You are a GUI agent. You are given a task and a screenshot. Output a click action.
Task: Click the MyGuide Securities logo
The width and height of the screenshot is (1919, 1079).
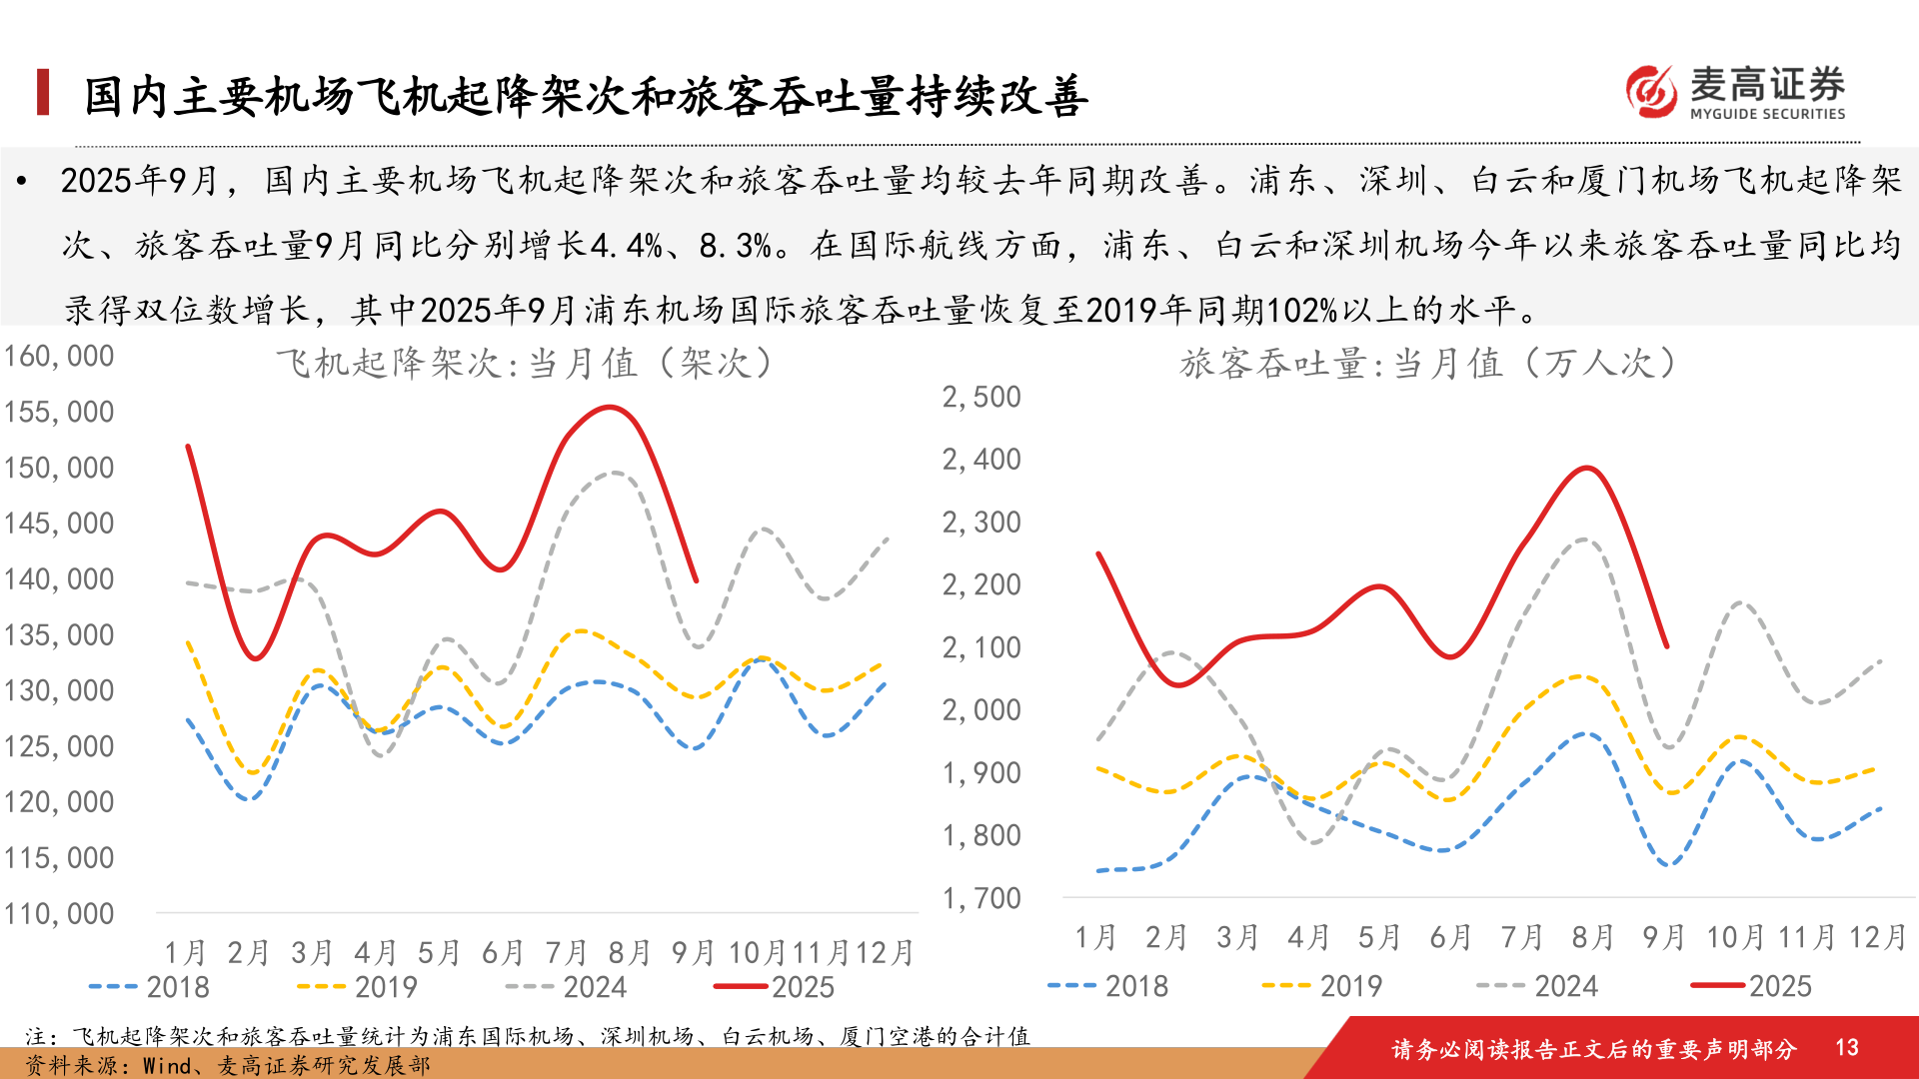point(1735,92)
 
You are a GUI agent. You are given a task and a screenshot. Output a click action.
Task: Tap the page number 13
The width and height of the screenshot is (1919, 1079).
point(1846,1047)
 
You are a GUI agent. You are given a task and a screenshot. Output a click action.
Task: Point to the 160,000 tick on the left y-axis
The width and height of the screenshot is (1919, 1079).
point(59,357)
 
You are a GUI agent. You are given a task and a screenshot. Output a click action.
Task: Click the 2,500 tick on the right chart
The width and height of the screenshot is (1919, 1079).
point(981,398)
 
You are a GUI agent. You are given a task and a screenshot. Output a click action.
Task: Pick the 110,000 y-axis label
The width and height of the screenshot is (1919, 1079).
point(59,914)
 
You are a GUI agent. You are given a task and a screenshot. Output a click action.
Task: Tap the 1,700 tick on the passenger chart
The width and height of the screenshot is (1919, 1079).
point(981,899)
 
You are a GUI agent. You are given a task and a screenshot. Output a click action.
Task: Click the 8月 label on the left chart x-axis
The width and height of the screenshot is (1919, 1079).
point(629,953)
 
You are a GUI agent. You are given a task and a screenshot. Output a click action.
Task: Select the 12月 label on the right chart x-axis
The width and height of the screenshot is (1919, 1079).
point(1877,938)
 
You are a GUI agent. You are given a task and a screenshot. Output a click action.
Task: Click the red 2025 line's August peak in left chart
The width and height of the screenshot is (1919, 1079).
point(610,407)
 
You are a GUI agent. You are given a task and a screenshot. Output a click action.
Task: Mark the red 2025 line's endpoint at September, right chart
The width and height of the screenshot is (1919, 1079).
point(1666,646)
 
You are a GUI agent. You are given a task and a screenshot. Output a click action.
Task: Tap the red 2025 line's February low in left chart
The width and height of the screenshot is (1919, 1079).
point(256,658)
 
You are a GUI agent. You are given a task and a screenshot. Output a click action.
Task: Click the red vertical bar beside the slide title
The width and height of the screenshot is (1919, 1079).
point(43,92)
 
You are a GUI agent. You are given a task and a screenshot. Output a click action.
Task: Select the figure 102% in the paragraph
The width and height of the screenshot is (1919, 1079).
point(1302,311)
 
